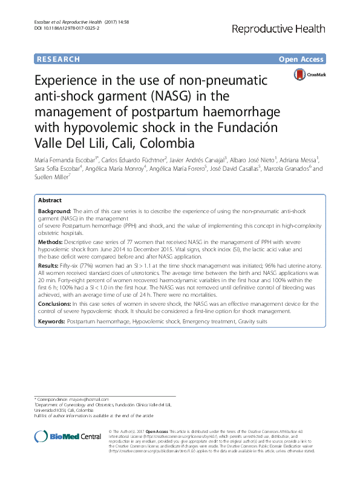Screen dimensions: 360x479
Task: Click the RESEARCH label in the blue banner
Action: (58, 59)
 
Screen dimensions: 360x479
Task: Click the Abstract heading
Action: (50, 200)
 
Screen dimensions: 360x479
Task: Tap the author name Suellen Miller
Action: (53, 177)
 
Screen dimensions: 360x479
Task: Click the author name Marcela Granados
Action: (287, 169)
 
